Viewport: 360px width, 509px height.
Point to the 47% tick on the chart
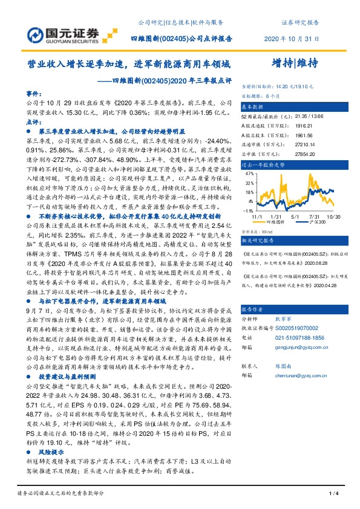[249, 173]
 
